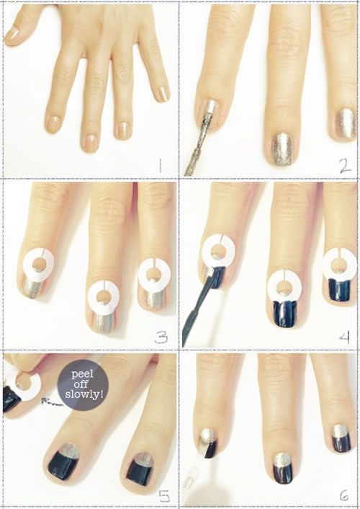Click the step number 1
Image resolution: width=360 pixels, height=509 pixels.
click(x=160, y=167)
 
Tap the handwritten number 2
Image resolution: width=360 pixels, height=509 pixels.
click(x=345, y=167)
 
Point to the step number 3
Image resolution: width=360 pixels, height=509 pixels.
click(x=161, y=337)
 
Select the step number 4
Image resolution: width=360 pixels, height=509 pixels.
click(x=344, y=337)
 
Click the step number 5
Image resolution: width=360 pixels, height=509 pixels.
click(x=164, y=497)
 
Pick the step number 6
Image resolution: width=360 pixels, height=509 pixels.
click(x=344, y=495)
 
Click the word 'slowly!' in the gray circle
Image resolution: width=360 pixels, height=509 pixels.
click(x=84, y=394)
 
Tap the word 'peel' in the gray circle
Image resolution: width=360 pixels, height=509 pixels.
click(x=82, y=375)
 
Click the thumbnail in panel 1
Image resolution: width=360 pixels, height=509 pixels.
click(x=12, y=35)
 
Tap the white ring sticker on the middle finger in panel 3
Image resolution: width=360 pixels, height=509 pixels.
click(x=104, y=297)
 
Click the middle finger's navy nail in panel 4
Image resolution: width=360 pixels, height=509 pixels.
click(x=284, y=314)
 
